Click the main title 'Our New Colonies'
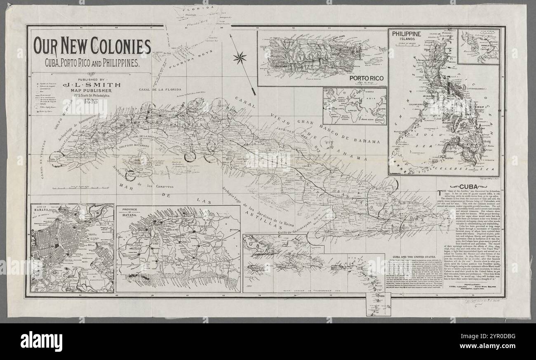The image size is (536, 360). point(92,47)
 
